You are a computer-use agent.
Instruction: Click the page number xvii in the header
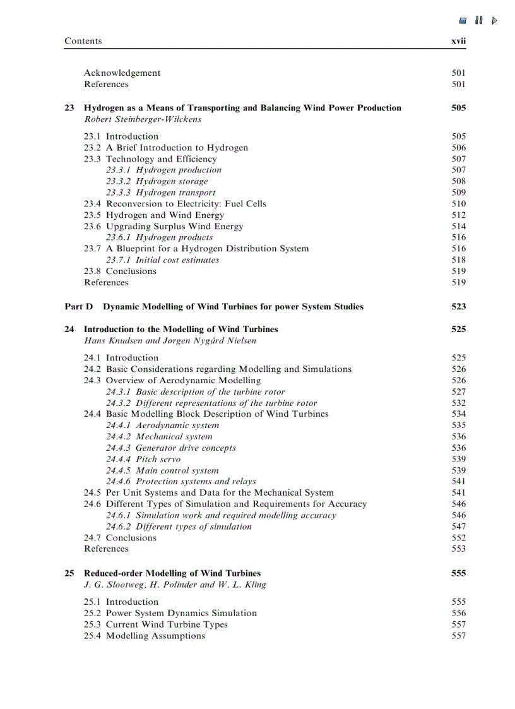tap(458, 41)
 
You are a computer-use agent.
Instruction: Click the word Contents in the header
tap(83, 41)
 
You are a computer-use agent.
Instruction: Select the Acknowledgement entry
tap(122, 73)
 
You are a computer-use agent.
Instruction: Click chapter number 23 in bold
tap(69, 108)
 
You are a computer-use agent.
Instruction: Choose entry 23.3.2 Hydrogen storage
tap(157, 181)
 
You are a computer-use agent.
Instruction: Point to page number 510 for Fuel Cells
tap(459, 204)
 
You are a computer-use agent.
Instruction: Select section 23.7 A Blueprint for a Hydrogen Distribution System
tap(196, 249)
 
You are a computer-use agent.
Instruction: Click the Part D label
tap(78, 307)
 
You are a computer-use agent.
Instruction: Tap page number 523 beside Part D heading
tap(459, 307)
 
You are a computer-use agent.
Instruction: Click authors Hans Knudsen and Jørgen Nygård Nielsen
tap(170, 341)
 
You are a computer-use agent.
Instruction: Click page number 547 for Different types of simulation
tap(459, 527)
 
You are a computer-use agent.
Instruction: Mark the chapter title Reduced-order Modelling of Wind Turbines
tap(172, 574)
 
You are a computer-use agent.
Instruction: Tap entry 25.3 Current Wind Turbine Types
tap(155, 625)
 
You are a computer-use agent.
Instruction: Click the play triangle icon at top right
tap(494, 21)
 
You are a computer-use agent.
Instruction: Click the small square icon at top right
tap(463, 21)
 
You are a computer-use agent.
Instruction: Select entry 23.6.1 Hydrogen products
tap(159, 238)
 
